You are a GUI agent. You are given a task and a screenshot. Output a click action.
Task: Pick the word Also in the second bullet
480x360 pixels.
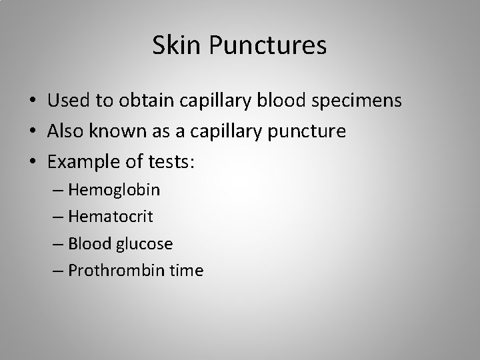tap(65, 131)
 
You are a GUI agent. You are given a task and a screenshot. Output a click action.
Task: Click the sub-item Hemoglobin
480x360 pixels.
tap(123, 190)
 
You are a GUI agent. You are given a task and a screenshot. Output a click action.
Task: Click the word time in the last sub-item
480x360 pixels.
tap(187, 271)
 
